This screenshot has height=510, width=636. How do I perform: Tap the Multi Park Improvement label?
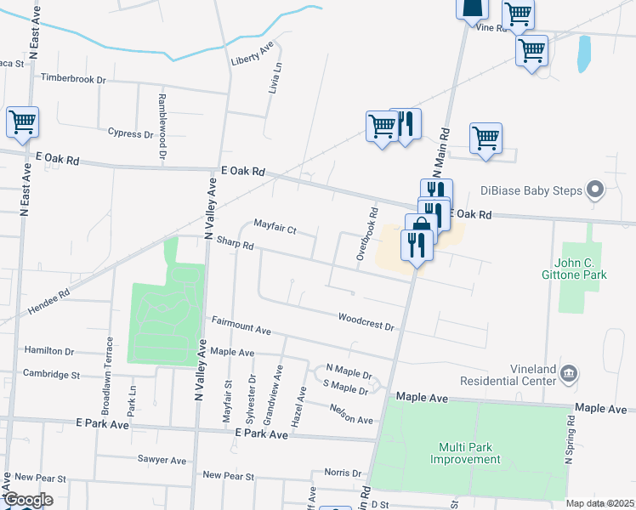(x=465, y=453)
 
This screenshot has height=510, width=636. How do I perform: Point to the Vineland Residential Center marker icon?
(x=569, y=372)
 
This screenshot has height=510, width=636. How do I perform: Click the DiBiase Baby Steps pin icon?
(x=595, y=190)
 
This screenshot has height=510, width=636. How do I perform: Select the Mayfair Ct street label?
(x=274, y=228)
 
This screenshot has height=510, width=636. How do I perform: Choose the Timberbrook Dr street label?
(x=73, y=78)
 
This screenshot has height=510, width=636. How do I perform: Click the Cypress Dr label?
(x=130, y=133)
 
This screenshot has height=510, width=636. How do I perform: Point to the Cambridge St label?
(x=51, y=374)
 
